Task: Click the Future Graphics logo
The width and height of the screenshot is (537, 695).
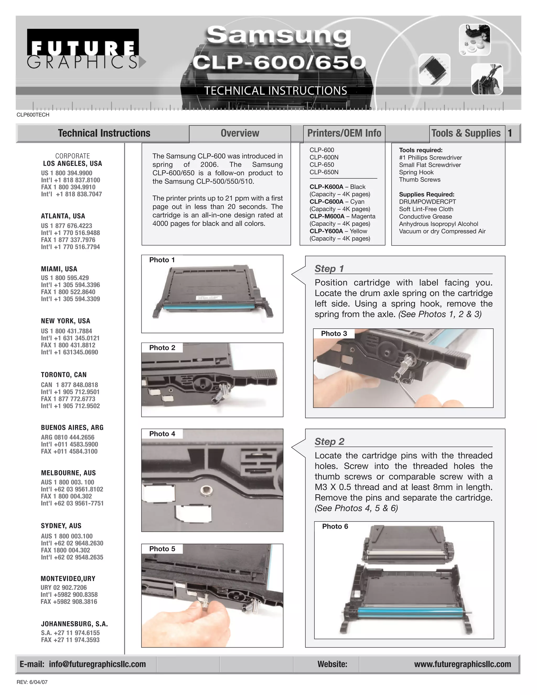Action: click(x=83, y=49)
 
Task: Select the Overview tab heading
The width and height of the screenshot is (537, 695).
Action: click(x=240, y=133)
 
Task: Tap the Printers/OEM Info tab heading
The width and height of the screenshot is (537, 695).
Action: click(x=344, y=133)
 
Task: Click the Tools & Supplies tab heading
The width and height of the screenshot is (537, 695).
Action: click(x=466, y=133)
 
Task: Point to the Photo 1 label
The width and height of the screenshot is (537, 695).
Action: click(x=162, y=260)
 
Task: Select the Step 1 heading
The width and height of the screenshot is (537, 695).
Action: click(x=329, y=269)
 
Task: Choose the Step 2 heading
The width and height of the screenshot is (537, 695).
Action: click(x=329, y=441)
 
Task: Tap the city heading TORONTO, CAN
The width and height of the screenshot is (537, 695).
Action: click(x=64, y=375)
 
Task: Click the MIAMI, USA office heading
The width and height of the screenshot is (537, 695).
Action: click(x=59, y=269)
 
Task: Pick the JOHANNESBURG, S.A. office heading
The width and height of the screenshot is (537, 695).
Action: click(x=74, y=624)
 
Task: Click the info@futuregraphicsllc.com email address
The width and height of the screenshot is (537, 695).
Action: click(x=97, y=664)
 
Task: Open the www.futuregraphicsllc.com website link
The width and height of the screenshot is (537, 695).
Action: click(x=462, y=664)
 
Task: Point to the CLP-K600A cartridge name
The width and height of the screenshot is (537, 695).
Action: click(x=326, y=187)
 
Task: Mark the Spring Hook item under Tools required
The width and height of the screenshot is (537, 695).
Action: click(x=416, y=172)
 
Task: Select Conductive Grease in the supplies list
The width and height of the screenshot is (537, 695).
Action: click(x=425, y=216)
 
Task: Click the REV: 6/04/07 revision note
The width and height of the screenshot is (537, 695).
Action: click(x=32, y=682)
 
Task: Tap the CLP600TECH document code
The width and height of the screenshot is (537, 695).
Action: click(x=33, y=115)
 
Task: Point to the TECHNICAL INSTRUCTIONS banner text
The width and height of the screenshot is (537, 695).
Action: click(x=276, y=91)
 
